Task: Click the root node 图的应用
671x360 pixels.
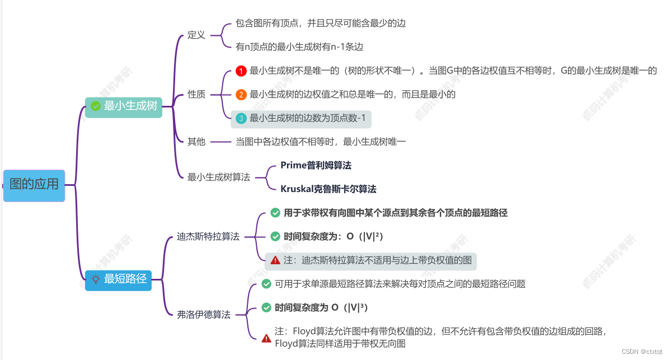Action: click(x=34, y=185)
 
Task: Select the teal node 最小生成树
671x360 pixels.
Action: click(x=124, y=106)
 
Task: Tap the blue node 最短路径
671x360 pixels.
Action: click(x=119, y=278)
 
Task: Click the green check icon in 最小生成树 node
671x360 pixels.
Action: click(x=96, y=106)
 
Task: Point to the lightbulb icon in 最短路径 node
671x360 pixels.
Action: click(x=96, y=278)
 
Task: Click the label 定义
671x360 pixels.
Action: click(x=196, y=35)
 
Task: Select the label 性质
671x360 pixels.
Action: click(x=196, y=94)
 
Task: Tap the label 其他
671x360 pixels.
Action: click(x=196, y=142)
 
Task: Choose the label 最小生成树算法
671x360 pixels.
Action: click(x=219, y=177)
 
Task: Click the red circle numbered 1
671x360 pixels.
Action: click(x=241, y=71)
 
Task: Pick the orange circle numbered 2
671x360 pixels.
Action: click(x=241, y=95)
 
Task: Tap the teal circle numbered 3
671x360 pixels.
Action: click(x=241, y=118)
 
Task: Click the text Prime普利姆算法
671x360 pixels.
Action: click(x=316, y=165)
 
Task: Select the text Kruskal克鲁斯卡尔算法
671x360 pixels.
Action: click(x=329, y=189)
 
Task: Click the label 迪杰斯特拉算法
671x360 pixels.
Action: click(x=208, y=236)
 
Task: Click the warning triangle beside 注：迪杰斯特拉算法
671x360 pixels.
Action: click(x=275, y=260)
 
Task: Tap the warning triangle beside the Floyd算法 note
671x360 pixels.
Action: click(x=266, y=338)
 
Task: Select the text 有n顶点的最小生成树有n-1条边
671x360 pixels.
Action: click(x=303, y=47)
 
